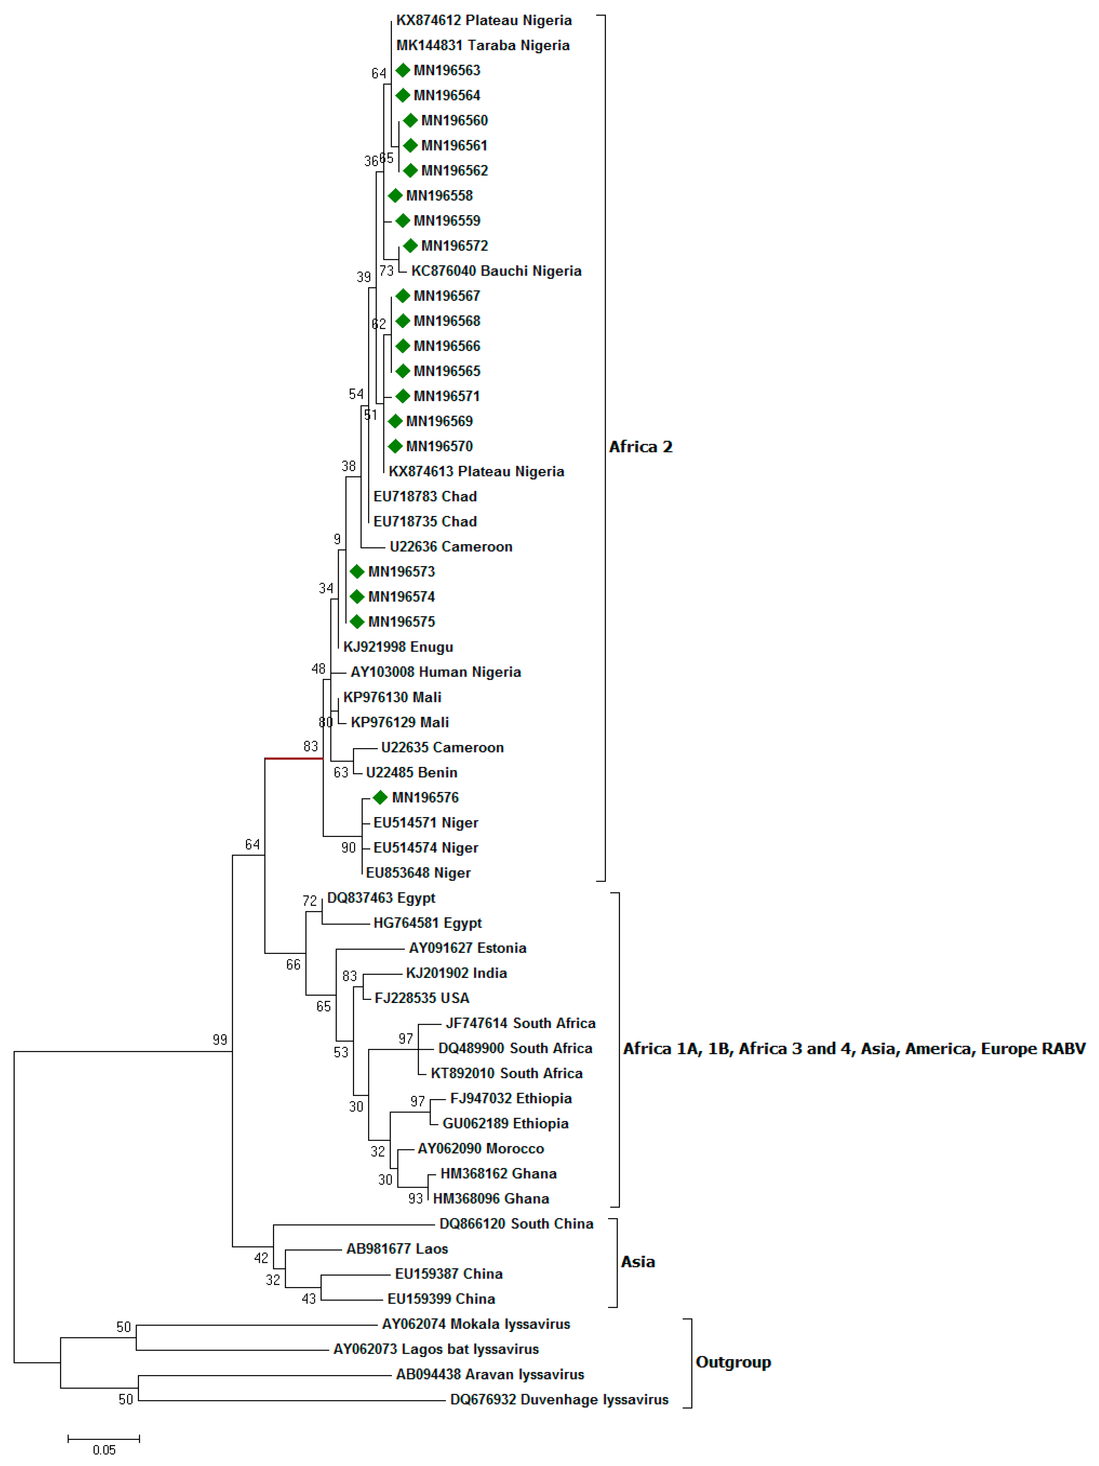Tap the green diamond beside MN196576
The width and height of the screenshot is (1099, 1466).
click(380, 797)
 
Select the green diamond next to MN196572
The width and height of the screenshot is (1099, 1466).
click(410, 246)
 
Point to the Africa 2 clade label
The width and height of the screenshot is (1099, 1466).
click(640, 447)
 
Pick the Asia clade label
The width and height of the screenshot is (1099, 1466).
click(638, 1262)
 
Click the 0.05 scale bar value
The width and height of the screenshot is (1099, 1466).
click(104, 1450)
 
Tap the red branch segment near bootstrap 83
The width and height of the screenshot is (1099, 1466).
click(294, 758)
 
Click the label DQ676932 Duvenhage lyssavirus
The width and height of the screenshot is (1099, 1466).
click(559, 1400)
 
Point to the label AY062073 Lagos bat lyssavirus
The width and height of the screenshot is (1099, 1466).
click(436, 1349)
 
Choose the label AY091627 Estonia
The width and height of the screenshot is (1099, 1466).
click(467, 948)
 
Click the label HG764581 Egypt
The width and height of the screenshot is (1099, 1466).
click(427, 923)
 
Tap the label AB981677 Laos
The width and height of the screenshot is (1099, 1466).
click(397, 1249)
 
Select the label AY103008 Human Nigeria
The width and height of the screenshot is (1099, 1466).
click(436, 672)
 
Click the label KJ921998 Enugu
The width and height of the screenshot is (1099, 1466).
click(398, 647)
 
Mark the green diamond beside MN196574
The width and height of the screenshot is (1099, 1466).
click(357, 597)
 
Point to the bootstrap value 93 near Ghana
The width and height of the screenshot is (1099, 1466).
click(415, 1198)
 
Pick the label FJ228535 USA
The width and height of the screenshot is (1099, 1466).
click(421, 998)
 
